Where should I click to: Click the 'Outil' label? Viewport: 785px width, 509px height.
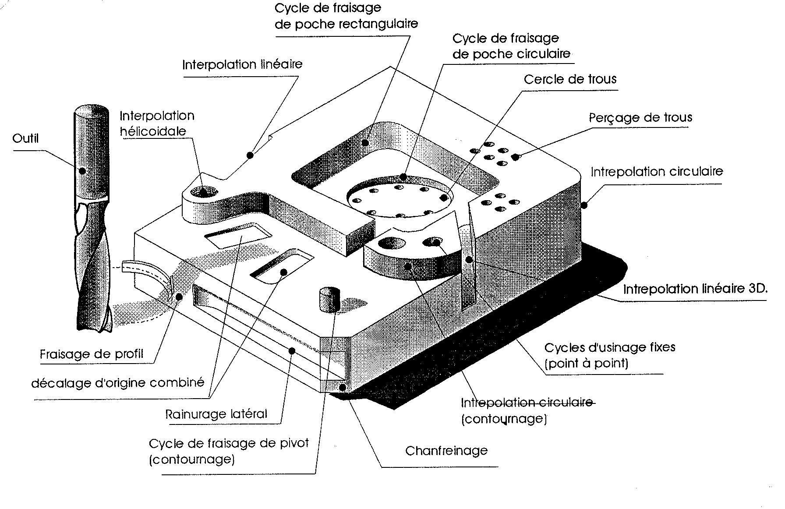[x=25, y=139]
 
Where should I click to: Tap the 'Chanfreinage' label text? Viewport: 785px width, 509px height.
[x=446, y=451]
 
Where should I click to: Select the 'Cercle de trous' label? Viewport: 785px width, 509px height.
[x=570, y=80]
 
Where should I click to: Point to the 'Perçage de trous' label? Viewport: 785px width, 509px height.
[x=640, y=118]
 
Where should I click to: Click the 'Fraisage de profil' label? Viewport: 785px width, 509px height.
[x=92, y=354]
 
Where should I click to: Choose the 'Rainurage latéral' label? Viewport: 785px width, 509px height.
[x=216, y=414]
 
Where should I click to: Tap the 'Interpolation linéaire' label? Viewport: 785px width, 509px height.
[x=242, y=65]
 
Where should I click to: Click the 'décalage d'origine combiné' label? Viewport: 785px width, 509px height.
[x=118, y=383]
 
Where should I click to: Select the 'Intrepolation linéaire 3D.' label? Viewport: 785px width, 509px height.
[x=695, y=289]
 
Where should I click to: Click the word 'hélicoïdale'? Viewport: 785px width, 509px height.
[x=153, y=131]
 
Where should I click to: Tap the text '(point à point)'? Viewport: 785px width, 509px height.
[x=586, y=363]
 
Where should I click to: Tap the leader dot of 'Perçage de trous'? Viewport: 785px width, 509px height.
[x=517, y=156]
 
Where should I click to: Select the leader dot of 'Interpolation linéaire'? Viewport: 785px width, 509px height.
[x=250, y=155]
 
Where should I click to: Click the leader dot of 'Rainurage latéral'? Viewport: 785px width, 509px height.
[x=292, y=350]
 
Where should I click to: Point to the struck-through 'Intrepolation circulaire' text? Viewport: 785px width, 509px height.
[x=527, y=403]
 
